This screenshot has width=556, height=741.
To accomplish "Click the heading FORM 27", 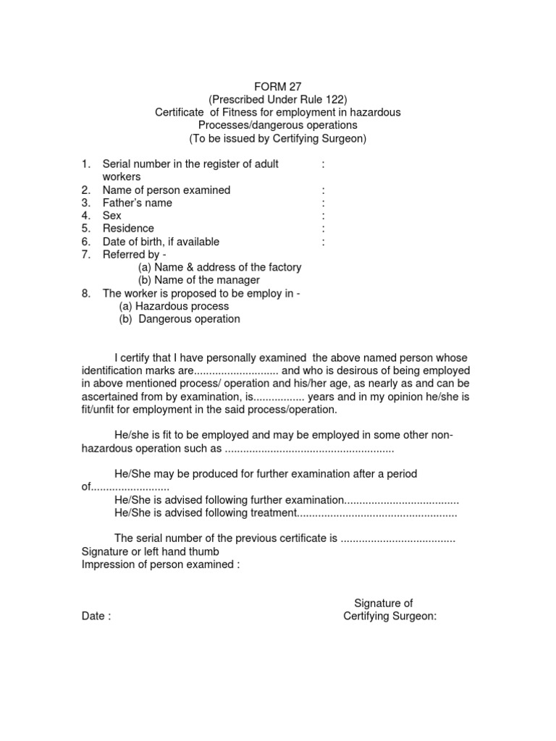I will pos(279,86).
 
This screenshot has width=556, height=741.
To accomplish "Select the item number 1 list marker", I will pos(84,164).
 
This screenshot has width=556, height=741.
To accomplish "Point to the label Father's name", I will pos(138,203).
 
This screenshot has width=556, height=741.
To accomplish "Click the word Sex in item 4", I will pos(112,216).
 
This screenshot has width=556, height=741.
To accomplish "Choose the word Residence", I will pos(128,229).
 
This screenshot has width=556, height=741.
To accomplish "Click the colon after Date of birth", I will pos(323,242).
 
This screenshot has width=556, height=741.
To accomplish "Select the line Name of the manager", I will pos(199,280).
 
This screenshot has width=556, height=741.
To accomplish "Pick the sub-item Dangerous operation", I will pos(180,319).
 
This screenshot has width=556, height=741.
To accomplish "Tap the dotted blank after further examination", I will pos(401,500).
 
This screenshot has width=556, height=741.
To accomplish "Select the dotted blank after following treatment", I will pos(377,513).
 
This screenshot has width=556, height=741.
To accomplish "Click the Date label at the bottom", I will pos(96,617).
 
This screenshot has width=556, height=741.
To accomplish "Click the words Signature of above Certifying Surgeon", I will pos(383,604).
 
